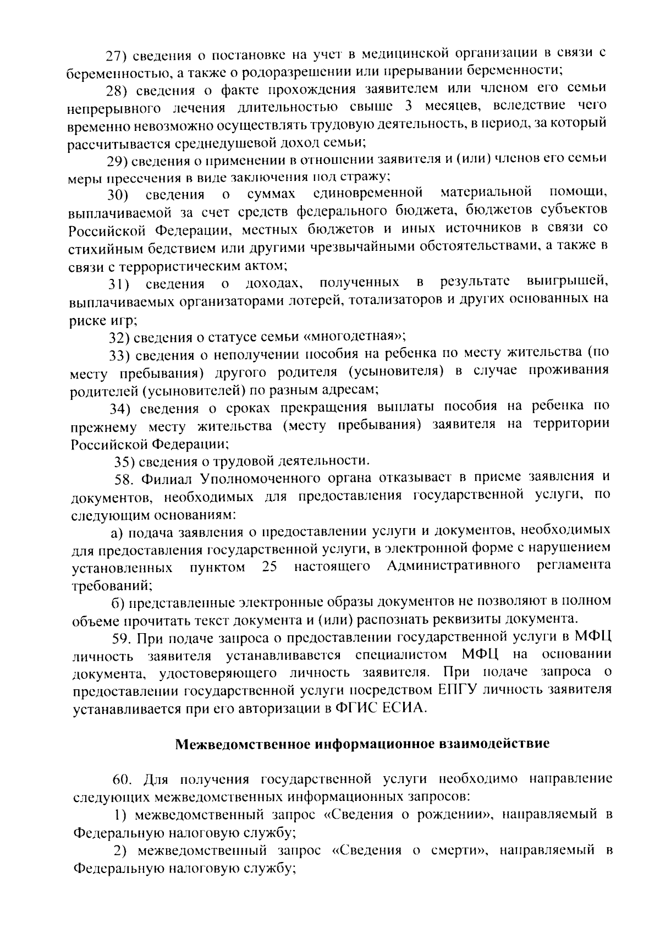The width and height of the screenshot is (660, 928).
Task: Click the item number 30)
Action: [x=118, y=195]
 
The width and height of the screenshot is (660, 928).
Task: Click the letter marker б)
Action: [x=118, y=602]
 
